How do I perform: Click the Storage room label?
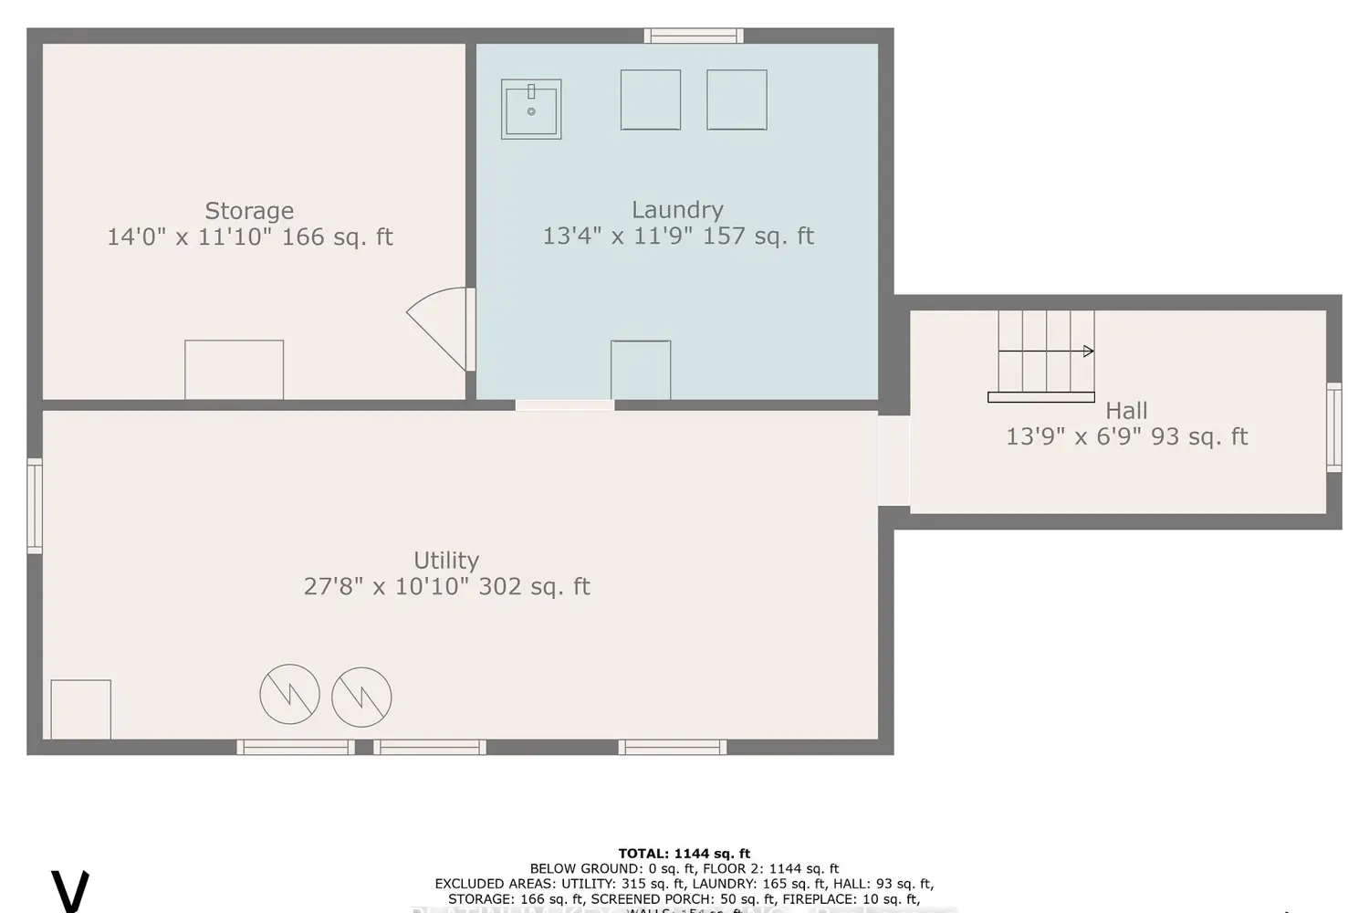[249, 211]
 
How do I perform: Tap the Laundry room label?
[677, 210]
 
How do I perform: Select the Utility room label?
[446, 560]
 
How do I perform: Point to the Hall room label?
[1126, 411]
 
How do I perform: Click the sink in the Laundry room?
[531, 110]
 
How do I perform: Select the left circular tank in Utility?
[289, 694]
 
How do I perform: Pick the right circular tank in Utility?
[361, 698]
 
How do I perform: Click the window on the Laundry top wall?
[694, 37]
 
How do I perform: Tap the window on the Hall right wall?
[1333, 427]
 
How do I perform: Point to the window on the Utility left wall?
[35, 506]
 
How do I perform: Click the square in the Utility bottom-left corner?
[81, 709]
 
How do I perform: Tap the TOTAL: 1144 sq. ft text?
[684, 854]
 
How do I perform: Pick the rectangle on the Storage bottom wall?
[235, 370]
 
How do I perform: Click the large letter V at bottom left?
[69, 891]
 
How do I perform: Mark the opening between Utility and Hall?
[894, 461]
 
